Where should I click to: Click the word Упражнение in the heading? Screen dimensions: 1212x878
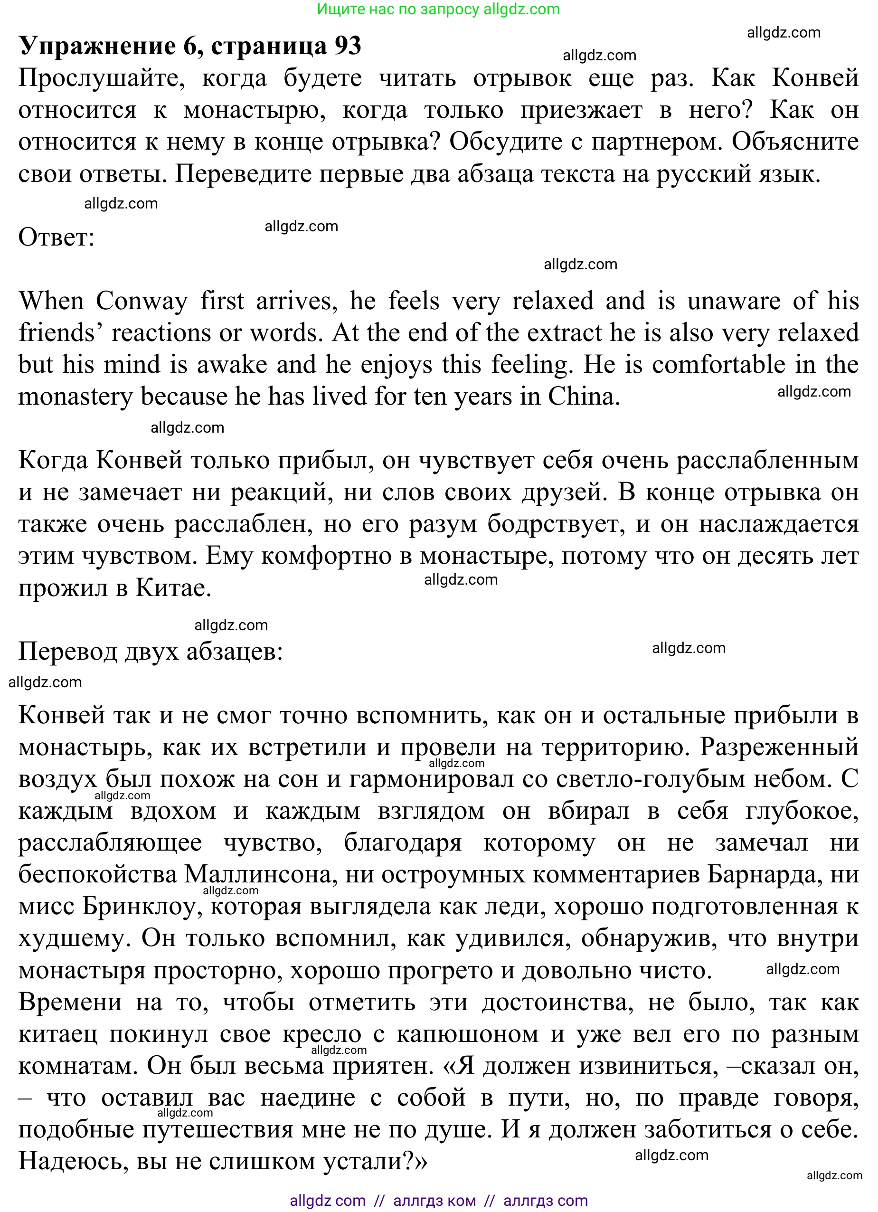[x=97, y=46]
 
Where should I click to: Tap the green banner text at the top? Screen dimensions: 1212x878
[x=438, y=9]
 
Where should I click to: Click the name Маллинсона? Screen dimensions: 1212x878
[x=260, y=875]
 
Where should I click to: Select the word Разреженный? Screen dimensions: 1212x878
[x=779, y=747]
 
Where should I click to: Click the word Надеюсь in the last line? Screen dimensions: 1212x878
[x=73, y=1162]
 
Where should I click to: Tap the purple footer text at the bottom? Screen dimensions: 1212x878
[x=438, y=1201]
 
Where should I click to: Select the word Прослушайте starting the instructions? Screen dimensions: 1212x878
[x=102, y=78]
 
